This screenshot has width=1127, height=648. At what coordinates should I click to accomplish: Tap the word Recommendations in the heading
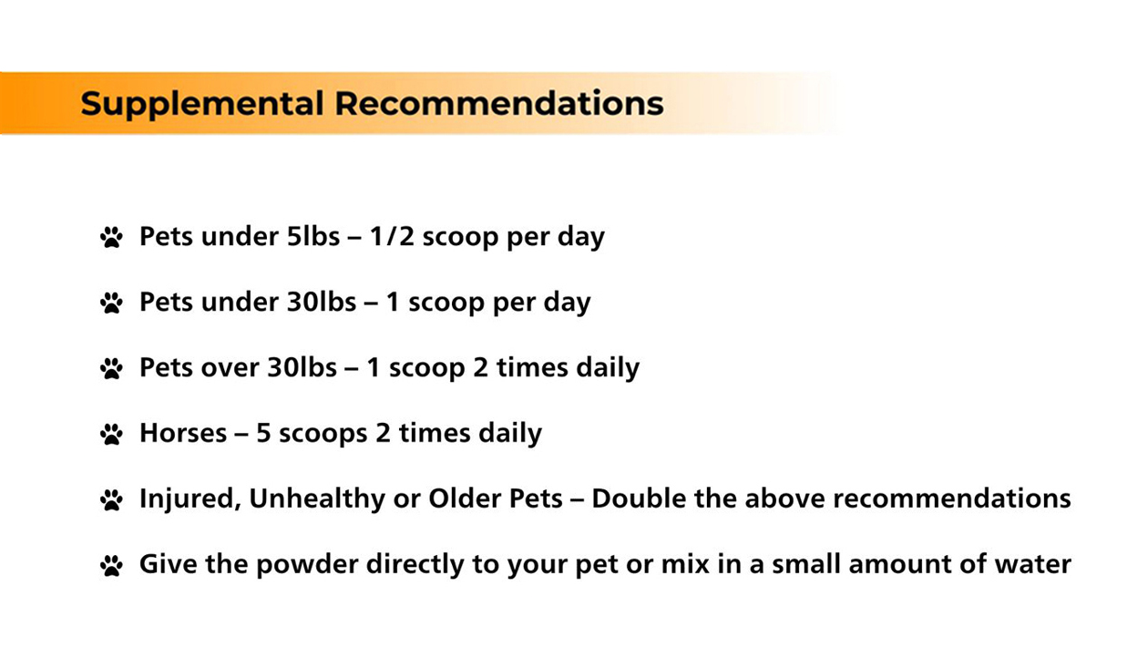tap(499, 104)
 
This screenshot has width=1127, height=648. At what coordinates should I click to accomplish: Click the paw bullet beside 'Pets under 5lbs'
tap(111, 238)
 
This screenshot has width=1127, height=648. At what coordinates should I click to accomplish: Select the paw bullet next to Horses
tap(111, 434)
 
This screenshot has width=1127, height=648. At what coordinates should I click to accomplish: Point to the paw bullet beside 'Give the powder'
tap(111, 565)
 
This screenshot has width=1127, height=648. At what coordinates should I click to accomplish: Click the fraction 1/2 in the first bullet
tap(392, 236)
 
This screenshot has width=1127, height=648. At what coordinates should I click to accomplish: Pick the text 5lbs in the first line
tap(312, 236)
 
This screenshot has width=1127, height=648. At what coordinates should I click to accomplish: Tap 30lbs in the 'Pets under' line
tap(321, 302)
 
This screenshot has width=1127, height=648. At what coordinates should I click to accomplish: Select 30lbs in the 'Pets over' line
tap(302, 366)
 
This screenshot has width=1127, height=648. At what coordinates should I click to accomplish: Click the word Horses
tap(183, 433)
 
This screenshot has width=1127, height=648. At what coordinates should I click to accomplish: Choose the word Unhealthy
tap(317, 499)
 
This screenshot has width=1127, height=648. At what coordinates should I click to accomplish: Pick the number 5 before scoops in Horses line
tap(263, 433)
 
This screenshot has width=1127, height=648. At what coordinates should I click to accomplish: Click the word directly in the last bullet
tap(415, 564)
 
